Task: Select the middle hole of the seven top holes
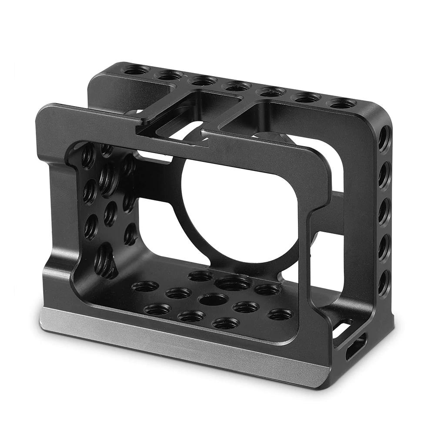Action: [x=236, y=86]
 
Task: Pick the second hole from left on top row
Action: [x=170, y=75]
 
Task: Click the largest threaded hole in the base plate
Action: [x=233, y=284]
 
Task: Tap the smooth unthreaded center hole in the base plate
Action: [x=213, y=299]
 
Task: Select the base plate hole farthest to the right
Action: [x=279, y=314]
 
